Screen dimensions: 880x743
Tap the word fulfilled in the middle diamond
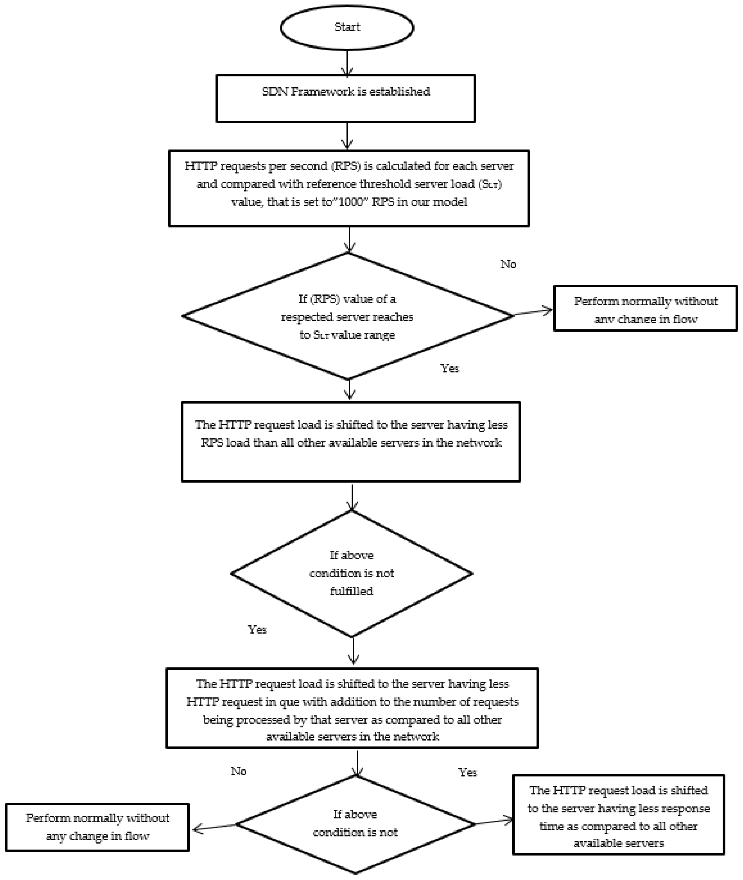click(x=351, y=591)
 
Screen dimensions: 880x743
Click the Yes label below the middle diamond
click(x=257, y=630)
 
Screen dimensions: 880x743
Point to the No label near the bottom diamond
click(x=238, y=771)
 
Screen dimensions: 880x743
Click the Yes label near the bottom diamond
click(x=467, y=772)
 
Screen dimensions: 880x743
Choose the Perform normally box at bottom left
click(x=97, y=827)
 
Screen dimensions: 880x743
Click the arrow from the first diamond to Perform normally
click(x=533, y=312)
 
